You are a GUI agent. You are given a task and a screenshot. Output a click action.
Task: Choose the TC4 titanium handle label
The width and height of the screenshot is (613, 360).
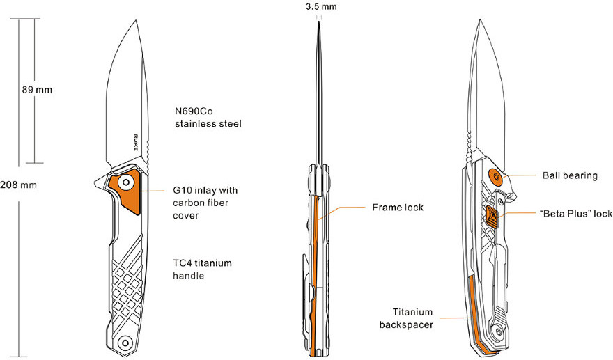[202, 269]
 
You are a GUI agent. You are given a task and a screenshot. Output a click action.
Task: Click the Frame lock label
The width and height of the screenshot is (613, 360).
[398, 208]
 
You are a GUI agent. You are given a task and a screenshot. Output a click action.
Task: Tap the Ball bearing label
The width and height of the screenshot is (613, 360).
[570, 175]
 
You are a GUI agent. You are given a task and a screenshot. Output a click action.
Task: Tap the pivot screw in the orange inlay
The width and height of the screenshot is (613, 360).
[125, 183]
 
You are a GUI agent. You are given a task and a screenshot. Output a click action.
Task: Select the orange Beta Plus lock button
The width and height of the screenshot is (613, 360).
[492, 218]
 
